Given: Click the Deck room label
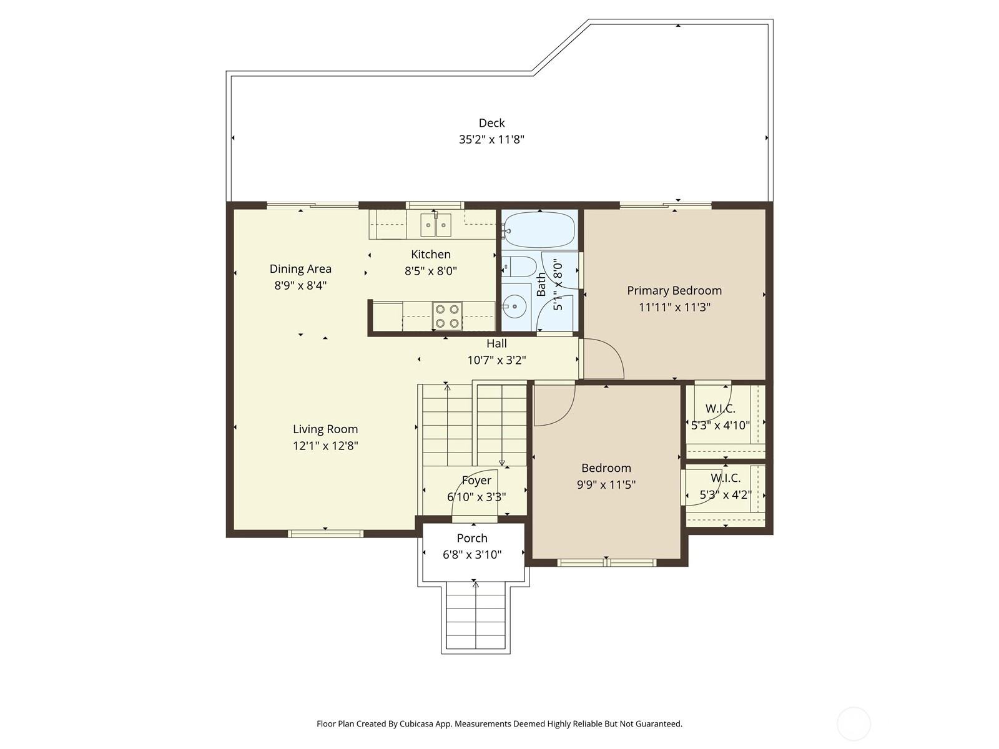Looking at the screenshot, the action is tap(491, 123).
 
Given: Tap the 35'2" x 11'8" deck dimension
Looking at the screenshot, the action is tap(491, 139).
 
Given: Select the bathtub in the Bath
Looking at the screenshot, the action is tap(539, 230).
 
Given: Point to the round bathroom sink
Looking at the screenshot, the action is tap(516, 306).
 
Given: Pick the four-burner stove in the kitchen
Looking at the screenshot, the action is tap(447, 316).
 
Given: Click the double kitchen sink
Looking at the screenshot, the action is tap(436, 225).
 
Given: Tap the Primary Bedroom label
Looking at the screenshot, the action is tap(674, 291).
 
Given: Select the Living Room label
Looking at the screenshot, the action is tap(325, 429).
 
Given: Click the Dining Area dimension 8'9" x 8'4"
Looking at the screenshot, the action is tap(300, 286).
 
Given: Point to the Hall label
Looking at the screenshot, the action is tap(496, 343).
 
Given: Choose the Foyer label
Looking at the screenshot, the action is tap(476, 480).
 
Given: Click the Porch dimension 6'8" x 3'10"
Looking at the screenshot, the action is tap(472, 554).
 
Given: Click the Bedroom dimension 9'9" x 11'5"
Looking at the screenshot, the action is tap(606, 485).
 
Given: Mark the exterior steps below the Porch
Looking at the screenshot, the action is tap(476, 615).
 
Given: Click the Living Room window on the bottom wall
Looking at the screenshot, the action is tap(325, 534).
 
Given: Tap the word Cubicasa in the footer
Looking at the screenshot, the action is tap(417, 723).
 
